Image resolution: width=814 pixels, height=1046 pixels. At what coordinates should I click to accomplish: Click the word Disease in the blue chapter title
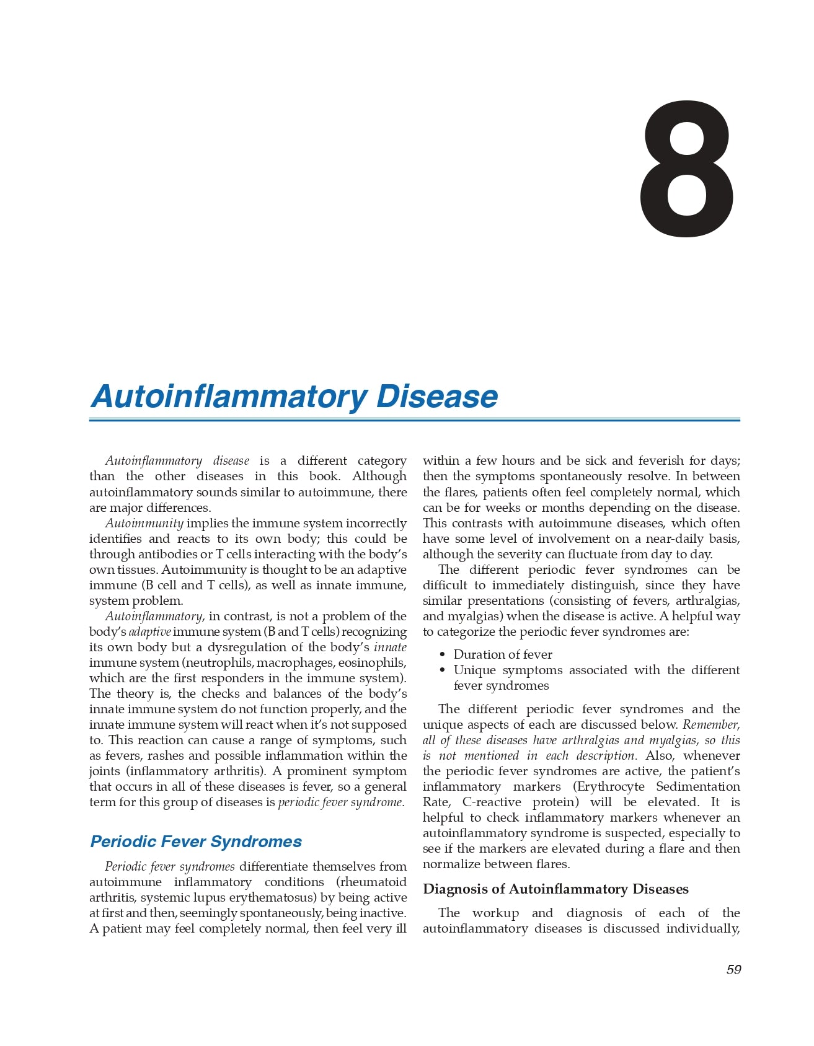436,397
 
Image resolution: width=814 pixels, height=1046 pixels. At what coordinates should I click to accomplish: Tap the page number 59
733,970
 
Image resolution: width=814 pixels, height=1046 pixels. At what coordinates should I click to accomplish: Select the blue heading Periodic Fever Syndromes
196,842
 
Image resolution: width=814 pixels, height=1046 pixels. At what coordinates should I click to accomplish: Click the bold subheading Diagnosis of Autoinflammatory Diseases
555,889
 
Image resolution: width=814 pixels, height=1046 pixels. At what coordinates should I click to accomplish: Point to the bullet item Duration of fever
503,654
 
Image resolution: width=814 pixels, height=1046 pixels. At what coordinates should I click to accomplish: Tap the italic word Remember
711,725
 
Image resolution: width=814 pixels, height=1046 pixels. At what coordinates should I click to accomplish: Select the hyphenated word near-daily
671,539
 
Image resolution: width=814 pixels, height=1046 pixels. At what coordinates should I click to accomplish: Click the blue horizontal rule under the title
414,420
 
